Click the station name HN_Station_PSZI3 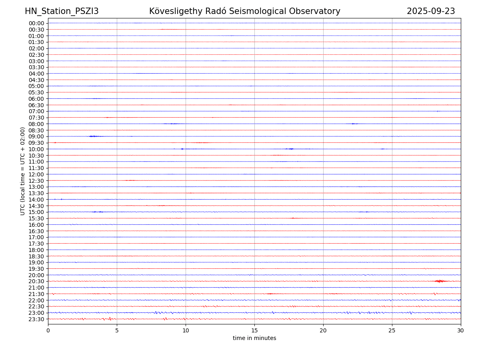tap(62, 11)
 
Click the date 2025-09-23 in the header tap(431, 11)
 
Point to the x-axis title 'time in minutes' tap(254, 338)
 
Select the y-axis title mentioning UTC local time tap(23, 171)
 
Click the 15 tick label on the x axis tap(254, 331)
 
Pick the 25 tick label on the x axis tap(392, 331)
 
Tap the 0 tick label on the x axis tap(48, 331)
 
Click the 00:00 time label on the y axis tap(36, 23)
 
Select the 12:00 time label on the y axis tap(36, 174)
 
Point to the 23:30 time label tap(36, 319)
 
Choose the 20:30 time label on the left tap(36, 281)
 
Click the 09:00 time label tap(36, 136)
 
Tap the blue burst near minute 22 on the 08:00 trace tap(353, 124)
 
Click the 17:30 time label tap(36, 244)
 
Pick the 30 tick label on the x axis tap(461, 331)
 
